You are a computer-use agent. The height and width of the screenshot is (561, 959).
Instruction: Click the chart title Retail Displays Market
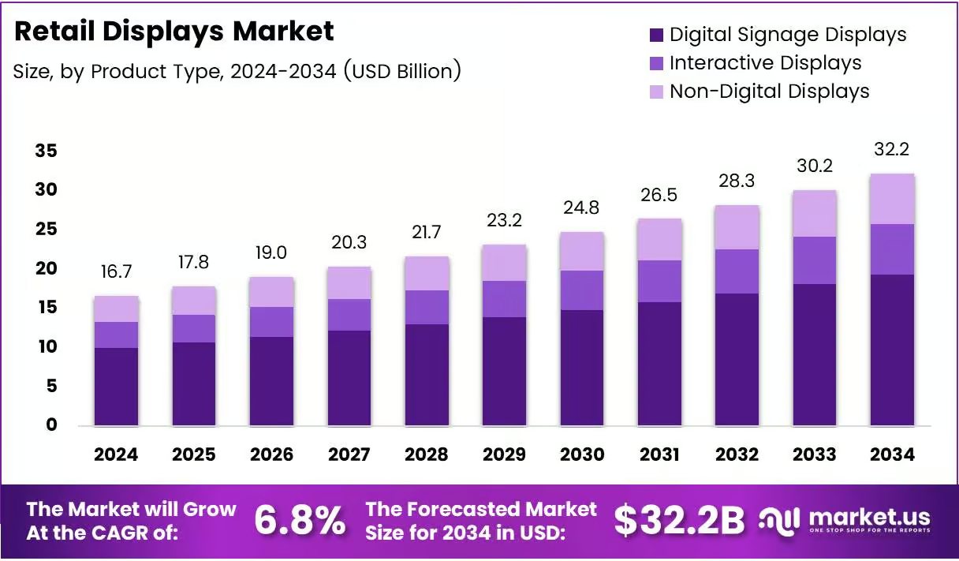pos(174,32)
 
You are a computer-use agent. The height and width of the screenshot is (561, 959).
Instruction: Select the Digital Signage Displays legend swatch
pos(656,35)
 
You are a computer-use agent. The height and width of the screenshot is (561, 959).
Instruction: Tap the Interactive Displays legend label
pos(766,63)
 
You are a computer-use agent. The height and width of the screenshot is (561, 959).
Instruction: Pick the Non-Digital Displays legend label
pos(770,92)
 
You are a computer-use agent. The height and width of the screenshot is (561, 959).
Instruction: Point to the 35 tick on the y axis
pos(47,151)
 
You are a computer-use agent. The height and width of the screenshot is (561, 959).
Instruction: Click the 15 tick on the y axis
pos(47,307)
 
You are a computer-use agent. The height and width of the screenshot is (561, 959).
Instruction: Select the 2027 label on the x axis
pos(349,454)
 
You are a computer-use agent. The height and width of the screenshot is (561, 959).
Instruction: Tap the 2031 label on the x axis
pos(659,454)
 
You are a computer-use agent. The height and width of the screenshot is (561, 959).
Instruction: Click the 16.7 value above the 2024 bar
pos(117,271)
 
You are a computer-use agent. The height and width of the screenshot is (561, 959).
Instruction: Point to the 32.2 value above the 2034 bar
pos(892,149)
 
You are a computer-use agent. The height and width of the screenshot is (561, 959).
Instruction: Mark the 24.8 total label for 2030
pos(581,208)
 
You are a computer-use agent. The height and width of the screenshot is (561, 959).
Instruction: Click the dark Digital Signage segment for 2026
pos(272,381)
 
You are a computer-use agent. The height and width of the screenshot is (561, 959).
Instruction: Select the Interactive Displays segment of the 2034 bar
pos(893,249)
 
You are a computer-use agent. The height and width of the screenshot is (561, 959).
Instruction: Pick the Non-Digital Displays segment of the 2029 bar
pos(504,263)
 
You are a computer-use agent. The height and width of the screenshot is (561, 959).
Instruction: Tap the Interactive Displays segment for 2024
pos(117,335)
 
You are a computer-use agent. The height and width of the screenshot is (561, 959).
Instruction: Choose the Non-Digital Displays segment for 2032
pos(737,227)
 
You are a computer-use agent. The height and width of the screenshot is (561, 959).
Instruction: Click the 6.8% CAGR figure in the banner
pos(300,520)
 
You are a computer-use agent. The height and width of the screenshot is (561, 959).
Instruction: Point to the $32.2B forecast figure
pos(680,521)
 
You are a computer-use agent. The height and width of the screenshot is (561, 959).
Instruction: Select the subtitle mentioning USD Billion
pos(237,71)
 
